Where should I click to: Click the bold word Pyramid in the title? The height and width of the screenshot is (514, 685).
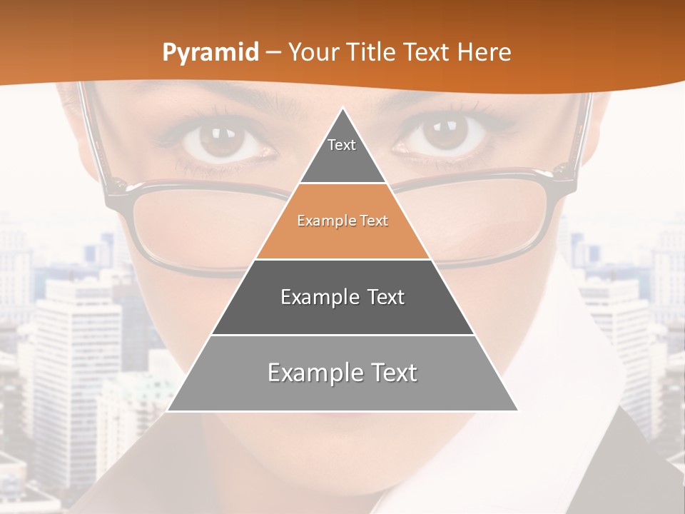tap(210, 53)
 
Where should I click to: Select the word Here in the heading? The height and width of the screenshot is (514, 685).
tap(484, 53)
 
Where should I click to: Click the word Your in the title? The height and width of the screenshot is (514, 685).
tap(314, 53)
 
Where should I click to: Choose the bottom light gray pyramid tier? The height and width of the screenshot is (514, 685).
tap(342, 393)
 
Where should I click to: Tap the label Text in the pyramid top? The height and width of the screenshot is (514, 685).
tap(342, 145)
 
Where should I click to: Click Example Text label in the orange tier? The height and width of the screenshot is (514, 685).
tap(342, 221)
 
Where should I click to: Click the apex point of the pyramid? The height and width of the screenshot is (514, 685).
tap(342, 109)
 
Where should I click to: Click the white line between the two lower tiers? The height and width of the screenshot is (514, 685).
tap(342, 335)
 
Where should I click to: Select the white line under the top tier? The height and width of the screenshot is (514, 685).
tap(342, 183)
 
